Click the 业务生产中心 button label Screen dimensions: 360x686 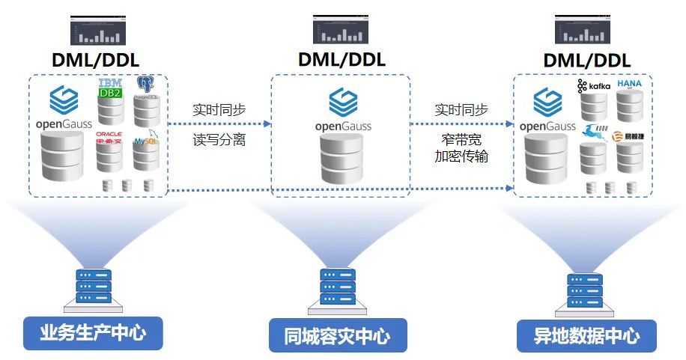pos(93,333)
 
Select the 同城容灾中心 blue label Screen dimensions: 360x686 pos(338,335)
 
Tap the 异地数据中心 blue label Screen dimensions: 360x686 pos(586,336)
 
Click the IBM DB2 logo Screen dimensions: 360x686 pos(111,88)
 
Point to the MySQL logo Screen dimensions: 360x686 pos(145,140)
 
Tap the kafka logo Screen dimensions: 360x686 pos(594,87)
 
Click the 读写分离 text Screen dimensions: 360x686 pos(219,140)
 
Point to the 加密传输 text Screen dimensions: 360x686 pos(462,156)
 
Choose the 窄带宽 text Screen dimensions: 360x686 pos(462,139)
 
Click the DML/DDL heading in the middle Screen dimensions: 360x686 pos(342,59)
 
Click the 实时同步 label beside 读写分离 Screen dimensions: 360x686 pos(219,109)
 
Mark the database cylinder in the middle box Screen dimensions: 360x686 pos(342,159)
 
